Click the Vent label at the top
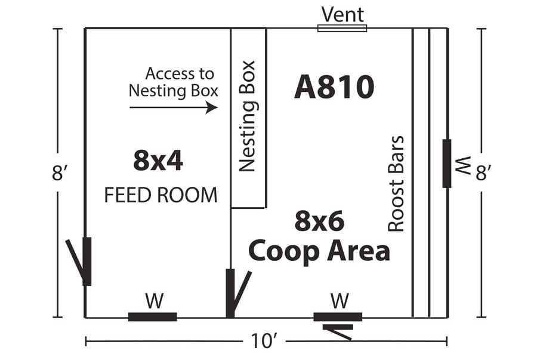tap(342, 14)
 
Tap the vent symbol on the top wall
tap(342, 28)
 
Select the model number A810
tap(334, 87)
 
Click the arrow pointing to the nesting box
tap(173, 107)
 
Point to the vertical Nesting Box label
tap(247, 116)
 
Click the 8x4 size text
tap(158, 161)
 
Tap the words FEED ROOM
tap(161, 195)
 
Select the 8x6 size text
tap(320, 221)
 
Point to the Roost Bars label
tap(396, 184)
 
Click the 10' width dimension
tap(263, 341)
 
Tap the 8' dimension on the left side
tap(57, 173)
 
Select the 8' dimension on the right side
tap(483, 173)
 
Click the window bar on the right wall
tap(446, 164)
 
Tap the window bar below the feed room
tap(152, 317)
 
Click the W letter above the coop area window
tap(340, 301)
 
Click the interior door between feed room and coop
tap(236, 294)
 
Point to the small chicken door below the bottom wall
tap(338, 332)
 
